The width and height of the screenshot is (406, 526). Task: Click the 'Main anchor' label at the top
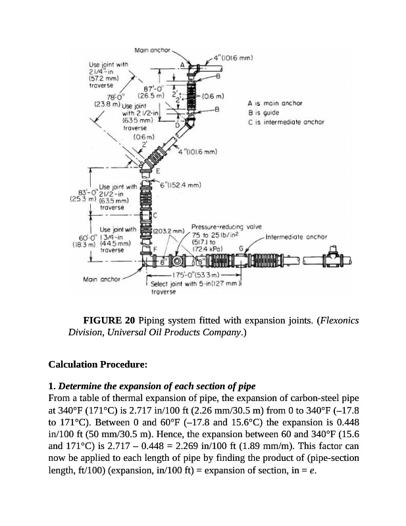pos(152,51)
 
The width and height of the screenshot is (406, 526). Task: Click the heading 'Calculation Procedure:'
pos(98,363)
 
